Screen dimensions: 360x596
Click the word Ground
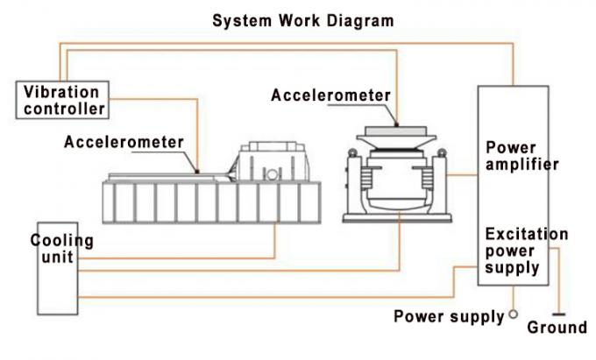(557, 328)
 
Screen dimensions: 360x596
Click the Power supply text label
(449, 316)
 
